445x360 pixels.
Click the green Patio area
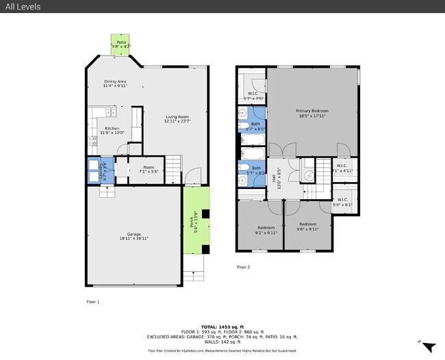(x=121, y=44)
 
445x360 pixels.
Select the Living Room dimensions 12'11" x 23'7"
(x=177, y=121)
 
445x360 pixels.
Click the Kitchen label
(x=112, y=128)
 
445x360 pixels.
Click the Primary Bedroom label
(x=312, y=111)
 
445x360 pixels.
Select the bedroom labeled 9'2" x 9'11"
(x=266, y=229)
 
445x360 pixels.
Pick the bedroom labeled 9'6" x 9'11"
(x=308, y=226)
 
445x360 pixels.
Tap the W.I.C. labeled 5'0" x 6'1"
(x=343, y=202)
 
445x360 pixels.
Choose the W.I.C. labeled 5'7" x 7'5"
(x=253, y=95)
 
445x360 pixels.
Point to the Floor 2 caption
(x=244, y=267)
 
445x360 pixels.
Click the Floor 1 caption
(x=92, y=301)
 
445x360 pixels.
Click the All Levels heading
(x=23, y=7)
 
